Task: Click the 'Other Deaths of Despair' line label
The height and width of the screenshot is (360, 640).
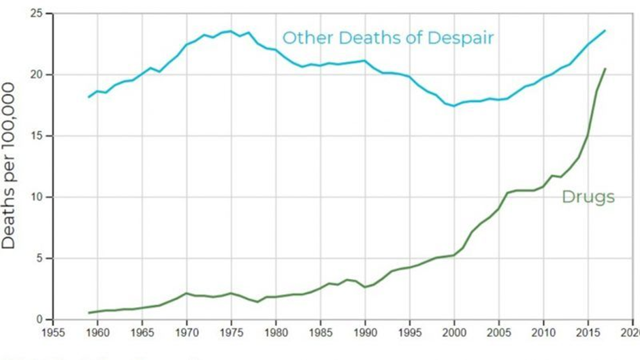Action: [x=388, y=37]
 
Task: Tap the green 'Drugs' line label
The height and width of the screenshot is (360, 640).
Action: [x=588, y=197]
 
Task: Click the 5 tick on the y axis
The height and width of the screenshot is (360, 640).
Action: [x=42, y=259]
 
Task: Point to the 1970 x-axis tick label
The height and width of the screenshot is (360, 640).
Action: [x=187, y=333]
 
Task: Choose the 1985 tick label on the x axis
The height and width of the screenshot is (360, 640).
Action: [x=320, y=333]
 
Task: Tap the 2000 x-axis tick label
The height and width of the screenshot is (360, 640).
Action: [x=453, y=333]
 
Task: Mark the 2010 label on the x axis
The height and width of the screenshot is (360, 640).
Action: [x=543, y=333]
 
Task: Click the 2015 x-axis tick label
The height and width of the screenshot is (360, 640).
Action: [x=587, y=333]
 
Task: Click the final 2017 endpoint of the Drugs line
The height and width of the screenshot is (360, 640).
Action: [x=605, y=69]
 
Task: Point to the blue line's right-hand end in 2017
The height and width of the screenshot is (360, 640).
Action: [x=605, y=31]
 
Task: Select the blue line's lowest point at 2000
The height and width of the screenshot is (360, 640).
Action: [x=453, y=106]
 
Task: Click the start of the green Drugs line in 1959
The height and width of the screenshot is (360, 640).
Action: [x=89, y=313]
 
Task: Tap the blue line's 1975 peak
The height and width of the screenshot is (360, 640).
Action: [x=231, y=31]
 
